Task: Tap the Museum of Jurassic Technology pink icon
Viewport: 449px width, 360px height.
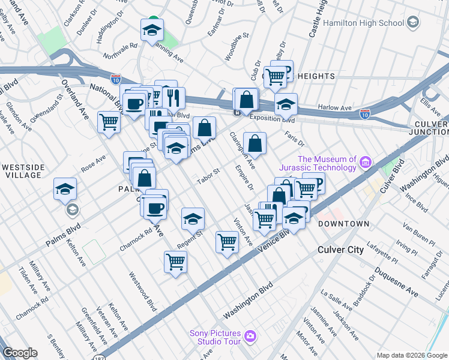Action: coord(365,162)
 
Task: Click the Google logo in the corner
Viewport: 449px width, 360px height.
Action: coord(20,353)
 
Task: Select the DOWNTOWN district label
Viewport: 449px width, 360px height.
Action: coord(343,224)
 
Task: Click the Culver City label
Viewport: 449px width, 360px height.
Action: coord(340,249)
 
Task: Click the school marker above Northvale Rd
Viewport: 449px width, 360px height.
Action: coord(152,29)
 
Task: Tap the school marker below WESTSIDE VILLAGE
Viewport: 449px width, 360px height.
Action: coord(65,190)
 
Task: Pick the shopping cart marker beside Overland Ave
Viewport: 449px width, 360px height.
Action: coord(109,122)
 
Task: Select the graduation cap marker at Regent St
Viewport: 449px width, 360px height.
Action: coord(193,219)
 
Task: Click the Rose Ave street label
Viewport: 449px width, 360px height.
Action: coord(93,162)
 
